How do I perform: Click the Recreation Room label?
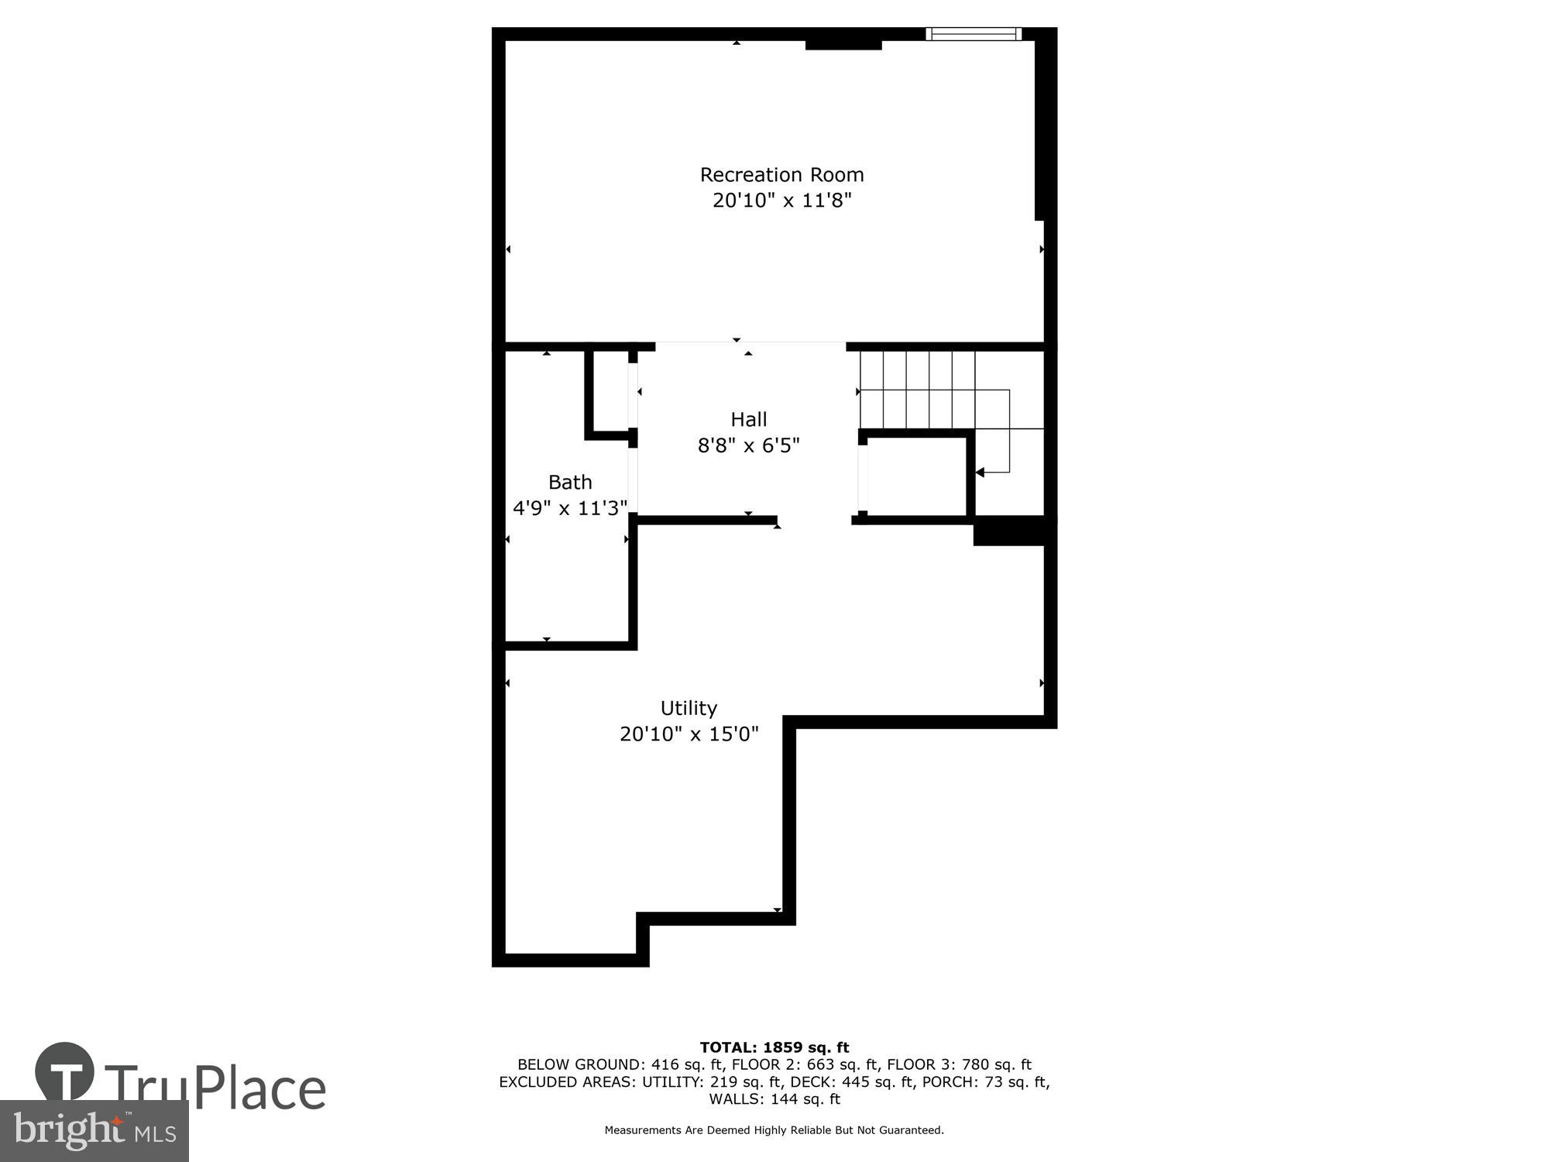point(781,174)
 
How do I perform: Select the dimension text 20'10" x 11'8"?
point(781,201)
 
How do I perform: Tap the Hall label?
point(748,419)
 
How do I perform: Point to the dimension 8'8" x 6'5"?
point(748,445)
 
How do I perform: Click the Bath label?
point(570,482)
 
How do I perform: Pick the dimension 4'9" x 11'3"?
point(570,508)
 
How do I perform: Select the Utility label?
point(689,708)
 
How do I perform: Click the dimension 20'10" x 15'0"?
point(689,734)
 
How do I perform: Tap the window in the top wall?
point(974,33)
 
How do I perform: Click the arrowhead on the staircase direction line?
point(980,472)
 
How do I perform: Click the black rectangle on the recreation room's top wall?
point(843,44)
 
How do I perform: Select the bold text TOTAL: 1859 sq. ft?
point(774,1048)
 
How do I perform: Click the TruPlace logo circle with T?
point(65,1073)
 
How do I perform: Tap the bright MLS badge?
point(94,1131)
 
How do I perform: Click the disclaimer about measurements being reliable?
point(774,1130)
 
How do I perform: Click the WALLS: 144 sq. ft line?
point(774,1098)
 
